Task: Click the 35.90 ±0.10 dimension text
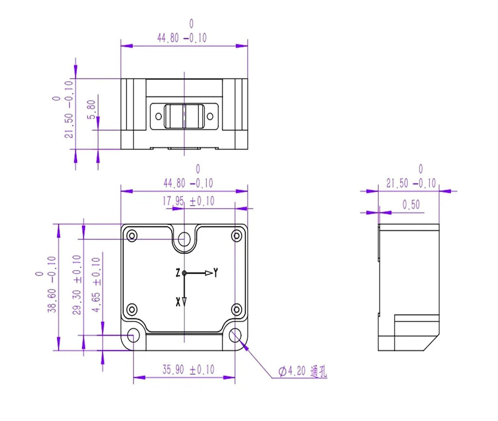point(188,369)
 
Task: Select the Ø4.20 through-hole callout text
point(302,371)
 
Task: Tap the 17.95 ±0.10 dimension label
point(188,201)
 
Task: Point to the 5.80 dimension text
point(91,109)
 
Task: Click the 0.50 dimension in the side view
point(411,205)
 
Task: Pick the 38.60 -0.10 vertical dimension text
point(52,284)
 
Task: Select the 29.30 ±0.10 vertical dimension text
point(77,285)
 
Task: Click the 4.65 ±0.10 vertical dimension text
point(96,285)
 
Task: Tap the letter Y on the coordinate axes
point(215,272)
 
